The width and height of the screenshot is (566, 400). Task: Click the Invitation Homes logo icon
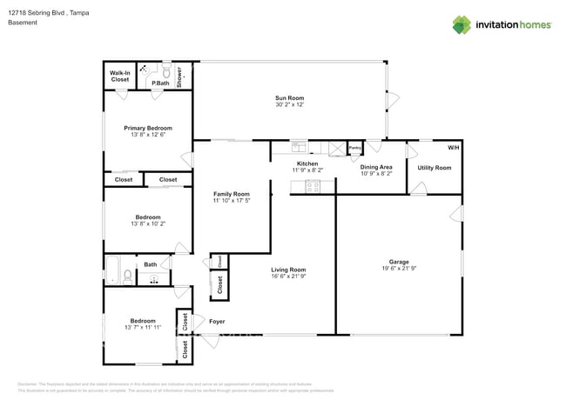click(461, 24)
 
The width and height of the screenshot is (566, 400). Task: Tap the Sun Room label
click(287, 97)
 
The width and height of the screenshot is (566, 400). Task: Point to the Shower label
click(180, 76)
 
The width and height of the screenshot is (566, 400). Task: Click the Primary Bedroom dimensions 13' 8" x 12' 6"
click(147, 135)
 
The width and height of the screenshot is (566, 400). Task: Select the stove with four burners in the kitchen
click(311, 185)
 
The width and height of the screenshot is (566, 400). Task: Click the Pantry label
click(354, 149)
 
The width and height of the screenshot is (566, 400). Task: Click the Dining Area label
click(376, 167)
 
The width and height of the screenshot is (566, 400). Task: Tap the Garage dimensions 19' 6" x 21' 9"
click(399, 269)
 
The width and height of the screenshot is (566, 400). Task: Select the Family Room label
click(232, 194)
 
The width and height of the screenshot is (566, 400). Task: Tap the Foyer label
click(218, 322)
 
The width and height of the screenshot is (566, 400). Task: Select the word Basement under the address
click(22, 23)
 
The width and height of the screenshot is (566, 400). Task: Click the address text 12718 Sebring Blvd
click(44, 11)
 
